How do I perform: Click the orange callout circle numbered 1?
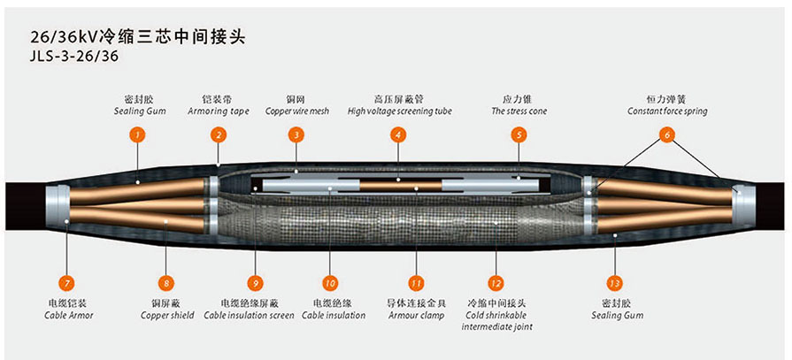tap(137, 134)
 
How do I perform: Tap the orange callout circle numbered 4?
tap(398, 134)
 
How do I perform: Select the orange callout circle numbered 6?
tap(666, 134)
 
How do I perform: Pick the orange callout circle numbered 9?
tap(255, 283)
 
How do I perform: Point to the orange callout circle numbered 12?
tap(496, 283)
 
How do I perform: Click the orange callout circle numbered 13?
tap(615, 283)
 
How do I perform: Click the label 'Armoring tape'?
tap(219, 111)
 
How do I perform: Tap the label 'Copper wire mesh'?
tap(297, 111)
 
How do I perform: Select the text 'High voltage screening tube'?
tap(399, 111)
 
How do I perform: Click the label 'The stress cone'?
tap(519, 111)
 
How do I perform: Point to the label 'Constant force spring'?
tap(666, 111)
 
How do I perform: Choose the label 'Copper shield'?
tap(166, 316)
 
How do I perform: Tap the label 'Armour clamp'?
tap(416, 316)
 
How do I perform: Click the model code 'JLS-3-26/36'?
tap(74, 57)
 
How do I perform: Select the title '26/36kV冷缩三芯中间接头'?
tap(138, 37)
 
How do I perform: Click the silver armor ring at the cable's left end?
tap(57, 210)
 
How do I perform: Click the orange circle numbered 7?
tap(66, 283)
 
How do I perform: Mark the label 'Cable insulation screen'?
tap(249, 316)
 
